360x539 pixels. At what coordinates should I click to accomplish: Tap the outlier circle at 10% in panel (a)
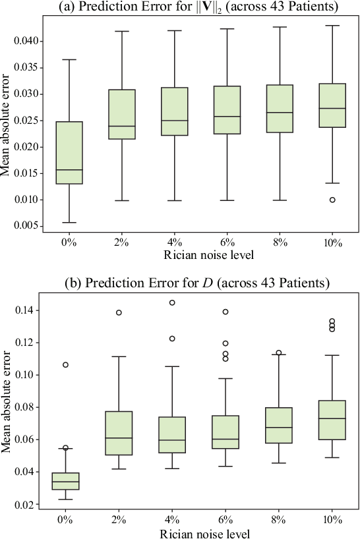[x=333, y=200]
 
